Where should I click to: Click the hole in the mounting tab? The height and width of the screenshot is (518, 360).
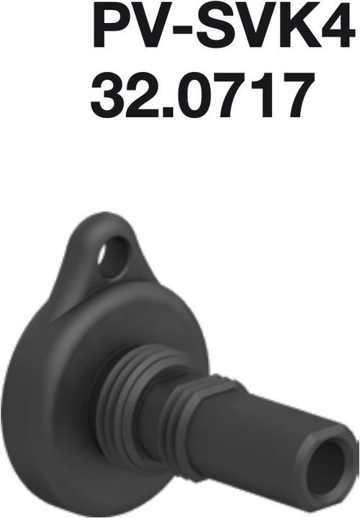click(113, 258)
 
